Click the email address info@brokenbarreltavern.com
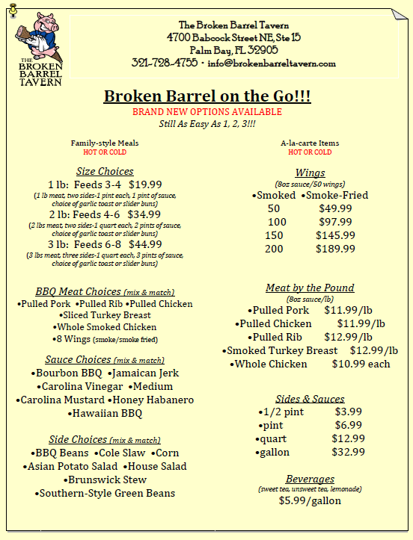coord(272,63)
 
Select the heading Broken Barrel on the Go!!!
coord(206,96)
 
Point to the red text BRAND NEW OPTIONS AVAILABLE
coord(206,112)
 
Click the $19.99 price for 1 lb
coord(145,184)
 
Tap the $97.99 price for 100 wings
coord(335,222)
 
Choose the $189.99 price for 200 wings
coord(335,249)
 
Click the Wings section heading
coord(310,173)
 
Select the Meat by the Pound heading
coord(310,288)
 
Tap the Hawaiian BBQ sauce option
coord(105,413)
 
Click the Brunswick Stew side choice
coord(105,480)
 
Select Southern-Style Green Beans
coord(105,493)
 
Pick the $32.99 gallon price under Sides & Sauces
coord(349,452)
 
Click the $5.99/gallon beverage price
coord(310,500)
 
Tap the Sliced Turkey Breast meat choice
coord(105,315)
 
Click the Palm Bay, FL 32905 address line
coord(233,49)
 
